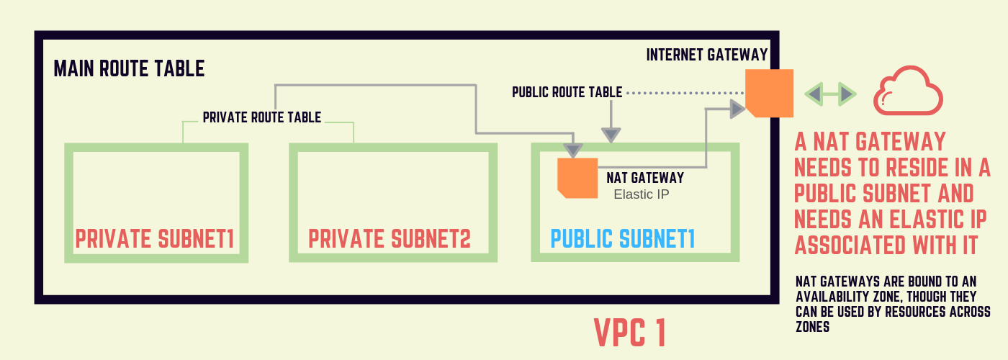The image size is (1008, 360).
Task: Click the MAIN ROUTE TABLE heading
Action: (129, 69)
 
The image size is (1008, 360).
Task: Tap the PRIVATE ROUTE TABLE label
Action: (261, 117)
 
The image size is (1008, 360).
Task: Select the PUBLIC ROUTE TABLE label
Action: (567, 93)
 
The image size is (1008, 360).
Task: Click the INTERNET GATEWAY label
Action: (707, 55)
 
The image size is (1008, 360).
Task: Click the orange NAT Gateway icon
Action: (577, 178)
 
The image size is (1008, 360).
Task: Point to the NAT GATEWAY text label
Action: (645, 177)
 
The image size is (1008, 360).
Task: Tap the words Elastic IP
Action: (642, 194)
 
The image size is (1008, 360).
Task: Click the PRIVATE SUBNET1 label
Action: (155, 240)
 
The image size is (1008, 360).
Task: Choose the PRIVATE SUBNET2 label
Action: (390, 240)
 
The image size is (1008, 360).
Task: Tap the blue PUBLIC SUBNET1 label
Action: (623, 240)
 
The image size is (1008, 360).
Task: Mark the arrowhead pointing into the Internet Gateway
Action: (737, 109)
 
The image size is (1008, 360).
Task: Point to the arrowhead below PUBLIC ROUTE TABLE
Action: (611, 134)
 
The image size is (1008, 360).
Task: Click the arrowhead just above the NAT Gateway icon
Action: (572, 150)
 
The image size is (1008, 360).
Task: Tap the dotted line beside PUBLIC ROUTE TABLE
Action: (684, 93)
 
